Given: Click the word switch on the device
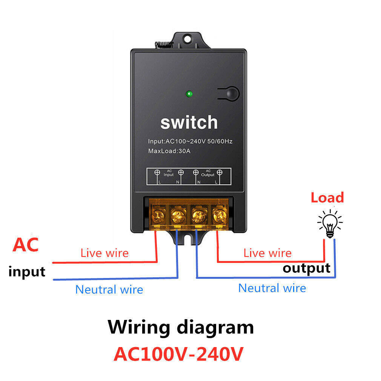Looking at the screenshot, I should click(x=189, y=123).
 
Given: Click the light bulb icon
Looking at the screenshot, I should click(x=330, y=224).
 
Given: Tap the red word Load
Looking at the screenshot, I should click(x=327, y=198).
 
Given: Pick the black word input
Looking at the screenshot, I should click(x=27, y=272).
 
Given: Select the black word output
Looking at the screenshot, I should click(x=306, y=268).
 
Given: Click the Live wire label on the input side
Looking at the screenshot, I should click(x=104, y=253).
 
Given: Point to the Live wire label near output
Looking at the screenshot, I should click(x=267, y=253).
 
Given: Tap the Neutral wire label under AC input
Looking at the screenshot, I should click(x=109, y=290).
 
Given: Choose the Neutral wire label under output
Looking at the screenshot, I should click(x=272, y=288).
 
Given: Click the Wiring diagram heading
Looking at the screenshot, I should click(x=181, y=327).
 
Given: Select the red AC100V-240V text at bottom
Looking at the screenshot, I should click(x=178, y=354).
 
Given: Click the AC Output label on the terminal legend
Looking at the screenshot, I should click(x=207, y=173).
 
